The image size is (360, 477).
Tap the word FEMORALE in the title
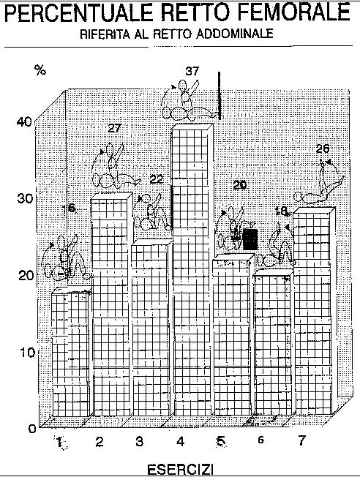click(x=293, y=12)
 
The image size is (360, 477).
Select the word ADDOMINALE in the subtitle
click(x=234, y=34)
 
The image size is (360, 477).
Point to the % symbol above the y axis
click(x=40, y=70)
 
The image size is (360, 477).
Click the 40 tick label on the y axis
click(x=24, y=122)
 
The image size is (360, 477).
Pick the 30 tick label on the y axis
click(x=24, y=199)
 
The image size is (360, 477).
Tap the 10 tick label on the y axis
click(x=27, y=353)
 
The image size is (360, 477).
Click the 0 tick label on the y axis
click(x=32, y=429)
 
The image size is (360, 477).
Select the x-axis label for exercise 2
click(x=100, y=442)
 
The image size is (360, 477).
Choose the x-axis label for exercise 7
click(x=301, y=440)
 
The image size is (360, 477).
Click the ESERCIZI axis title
click(x=180, y=469)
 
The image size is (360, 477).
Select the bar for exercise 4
click(x=192, y=269)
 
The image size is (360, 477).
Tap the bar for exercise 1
click(x=70, y=353)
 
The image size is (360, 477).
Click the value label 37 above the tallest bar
click(x=192, y=71)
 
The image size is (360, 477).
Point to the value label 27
click(x=114, y=128)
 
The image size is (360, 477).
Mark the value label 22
click(x=157, y=179)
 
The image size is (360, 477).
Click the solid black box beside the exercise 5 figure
click(x=251, y=239)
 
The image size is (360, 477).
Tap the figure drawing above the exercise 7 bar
click(x=319, y=184)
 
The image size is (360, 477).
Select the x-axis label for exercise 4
click(x=180, y=442)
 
